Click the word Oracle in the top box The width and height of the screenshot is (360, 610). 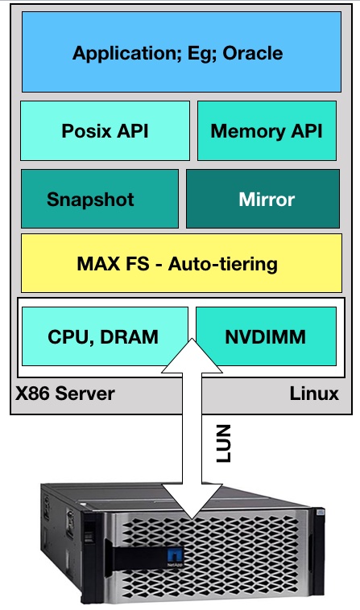coord(253,53)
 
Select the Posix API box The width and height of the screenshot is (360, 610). coord(105,130)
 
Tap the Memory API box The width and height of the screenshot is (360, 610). coord(267,130)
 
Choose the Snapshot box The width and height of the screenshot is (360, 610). coord(100,199)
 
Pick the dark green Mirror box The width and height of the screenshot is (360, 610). coord(263,199)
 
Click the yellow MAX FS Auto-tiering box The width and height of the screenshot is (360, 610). coord(181,263)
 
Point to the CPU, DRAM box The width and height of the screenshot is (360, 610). coord(105,336)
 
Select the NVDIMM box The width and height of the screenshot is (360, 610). coord(266,336)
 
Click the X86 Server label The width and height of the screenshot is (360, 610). coord(65,394)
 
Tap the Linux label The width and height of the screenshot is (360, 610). coord(314,394)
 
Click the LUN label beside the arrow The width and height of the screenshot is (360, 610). coord(223,443)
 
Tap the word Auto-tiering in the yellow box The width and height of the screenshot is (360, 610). coord(222,264)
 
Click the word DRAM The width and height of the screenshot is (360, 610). coord(129,336)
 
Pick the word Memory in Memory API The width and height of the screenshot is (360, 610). coord(242,131)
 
